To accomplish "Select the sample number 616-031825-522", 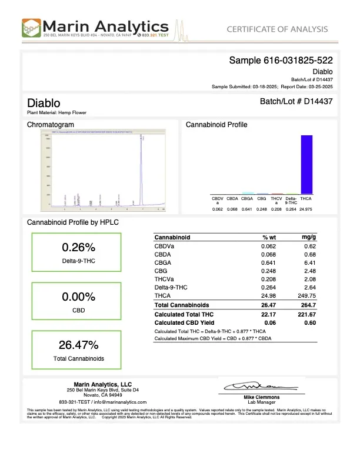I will pyautogui.click(x=281, y=60).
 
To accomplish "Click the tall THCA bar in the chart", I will pyautogui.click(x=306, y=164).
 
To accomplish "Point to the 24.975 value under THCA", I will pyautogui.click(x=306, y=209).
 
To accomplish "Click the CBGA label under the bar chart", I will pyautogui.click(x=248, y=199).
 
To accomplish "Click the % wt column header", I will pyautogui.click(x=269, y=237).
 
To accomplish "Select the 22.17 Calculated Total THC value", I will pyautogui.click(x=268, y=316).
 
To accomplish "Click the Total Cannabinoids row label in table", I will pyautogui.click(x=182, y=305).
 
